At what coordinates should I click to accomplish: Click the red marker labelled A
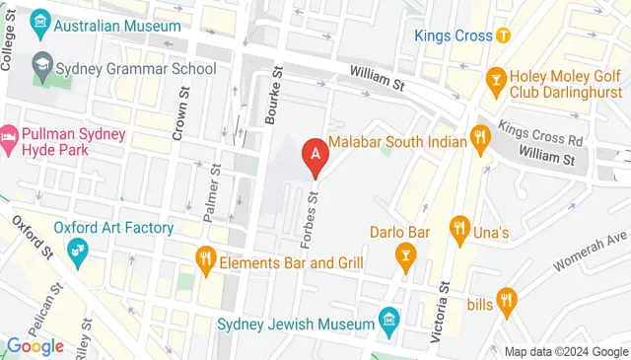315,154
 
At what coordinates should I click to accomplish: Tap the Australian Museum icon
41,20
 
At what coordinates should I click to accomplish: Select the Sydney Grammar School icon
41,67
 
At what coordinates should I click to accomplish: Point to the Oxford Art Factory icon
76,253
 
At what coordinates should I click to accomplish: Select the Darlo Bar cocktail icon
404,258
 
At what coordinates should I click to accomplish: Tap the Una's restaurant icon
458,230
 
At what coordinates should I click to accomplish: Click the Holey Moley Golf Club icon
497,77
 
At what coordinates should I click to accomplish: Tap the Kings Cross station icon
504,36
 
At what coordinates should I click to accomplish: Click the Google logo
35,345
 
